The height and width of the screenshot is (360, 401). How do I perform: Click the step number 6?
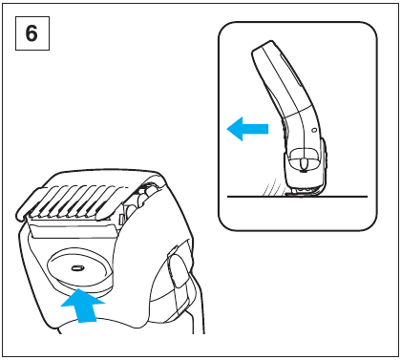pyautogui.click(x=32, y=33)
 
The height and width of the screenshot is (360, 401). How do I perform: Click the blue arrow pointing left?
pyautogui.click(x=247, y=129)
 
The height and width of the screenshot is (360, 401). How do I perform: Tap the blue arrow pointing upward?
pyautogui.click(x=83, y=305)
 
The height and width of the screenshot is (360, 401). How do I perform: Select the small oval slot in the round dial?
pyautogui.click(x=76, y=268)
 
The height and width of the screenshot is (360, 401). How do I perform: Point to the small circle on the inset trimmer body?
pyautogui.click(x=314, y=130)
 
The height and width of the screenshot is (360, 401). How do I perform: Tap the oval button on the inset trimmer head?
pyautogui.click(x=304, y=163)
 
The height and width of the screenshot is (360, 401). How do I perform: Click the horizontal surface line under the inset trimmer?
pyautogui.click(x=297, y=197)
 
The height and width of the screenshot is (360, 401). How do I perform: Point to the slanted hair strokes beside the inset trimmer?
pyautogui.click(x=270, y=188)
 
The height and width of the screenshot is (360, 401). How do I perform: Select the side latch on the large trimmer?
pyautogui.click(x=177, y=265)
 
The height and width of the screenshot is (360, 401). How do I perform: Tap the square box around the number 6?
pyautogui.click(x=32, y=33)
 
